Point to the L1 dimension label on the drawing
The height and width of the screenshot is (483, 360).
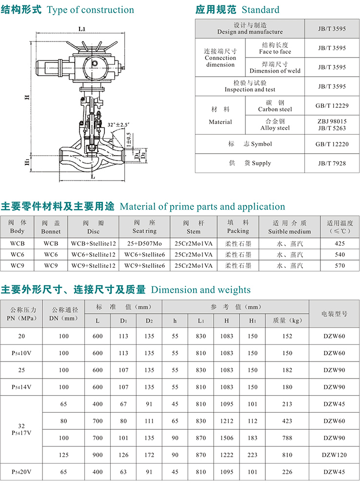[x=82, y=29]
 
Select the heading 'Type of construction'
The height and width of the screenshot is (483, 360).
[x=90, y=10]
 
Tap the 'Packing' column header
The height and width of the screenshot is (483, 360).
[x=238, y=227]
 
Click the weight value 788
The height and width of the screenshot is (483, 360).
[x=287, y=438]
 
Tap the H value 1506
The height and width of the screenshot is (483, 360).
[x=226, y=438]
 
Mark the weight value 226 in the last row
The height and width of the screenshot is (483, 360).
[x=287, y=472]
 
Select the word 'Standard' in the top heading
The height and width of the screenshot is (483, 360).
[x=260, y=10]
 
